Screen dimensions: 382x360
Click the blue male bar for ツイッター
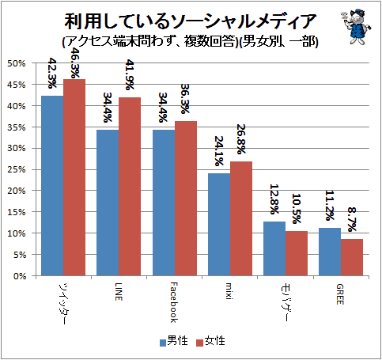(52, 186)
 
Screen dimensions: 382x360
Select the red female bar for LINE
(130, 187)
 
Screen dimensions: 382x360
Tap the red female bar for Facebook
(186, 199)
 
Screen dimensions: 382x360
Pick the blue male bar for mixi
(219, 225)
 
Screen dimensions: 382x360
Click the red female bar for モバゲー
(297, 253)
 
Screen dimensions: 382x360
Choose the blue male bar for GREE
(330, 252)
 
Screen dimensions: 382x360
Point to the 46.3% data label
(75, 63)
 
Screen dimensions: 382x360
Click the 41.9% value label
(130, 74)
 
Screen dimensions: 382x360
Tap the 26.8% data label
(241, 139)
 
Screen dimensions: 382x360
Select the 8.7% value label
(352, 219)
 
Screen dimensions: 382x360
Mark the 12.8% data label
(274, 199)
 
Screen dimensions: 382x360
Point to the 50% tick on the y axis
(16, 63)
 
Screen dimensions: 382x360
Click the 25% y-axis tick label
(16, 169)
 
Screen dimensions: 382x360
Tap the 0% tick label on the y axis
(20, 276)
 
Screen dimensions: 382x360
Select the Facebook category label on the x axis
(174, 302)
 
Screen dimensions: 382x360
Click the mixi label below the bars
(229, 291)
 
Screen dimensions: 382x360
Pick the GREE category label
(340, 294)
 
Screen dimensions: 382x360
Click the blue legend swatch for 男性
(163, 343)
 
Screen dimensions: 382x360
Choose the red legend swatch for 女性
(200, 343)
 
